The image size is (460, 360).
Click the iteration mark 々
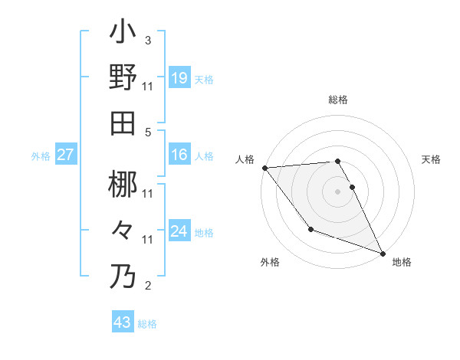click(123, 230)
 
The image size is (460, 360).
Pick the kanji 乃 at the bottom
click(123, 277)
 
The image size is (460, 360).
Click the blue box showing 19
click(179, 77)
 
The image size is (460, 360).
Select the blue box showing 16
click(179, 155)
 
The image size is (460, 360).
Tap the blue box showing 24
click(179, 231)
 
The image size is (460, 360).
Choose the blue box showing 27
click(66, 155)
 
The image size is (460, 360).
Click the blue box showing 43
click(123, 322)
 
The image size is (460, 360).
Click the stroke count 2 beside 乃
click(147, 286)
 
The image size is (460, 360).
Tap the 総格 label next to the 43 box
click(147, 324)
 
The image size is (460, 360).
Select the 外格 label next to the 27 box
click(41, 156)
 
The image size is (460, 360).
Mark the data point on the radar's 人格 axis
click(264, 168)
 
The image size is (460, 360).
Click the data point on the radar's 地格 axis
click(383, 254)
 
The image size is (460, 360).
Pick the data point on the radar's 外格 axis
click(310, 230)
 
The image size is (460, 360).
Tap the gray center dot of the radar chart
click(338, 191)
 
